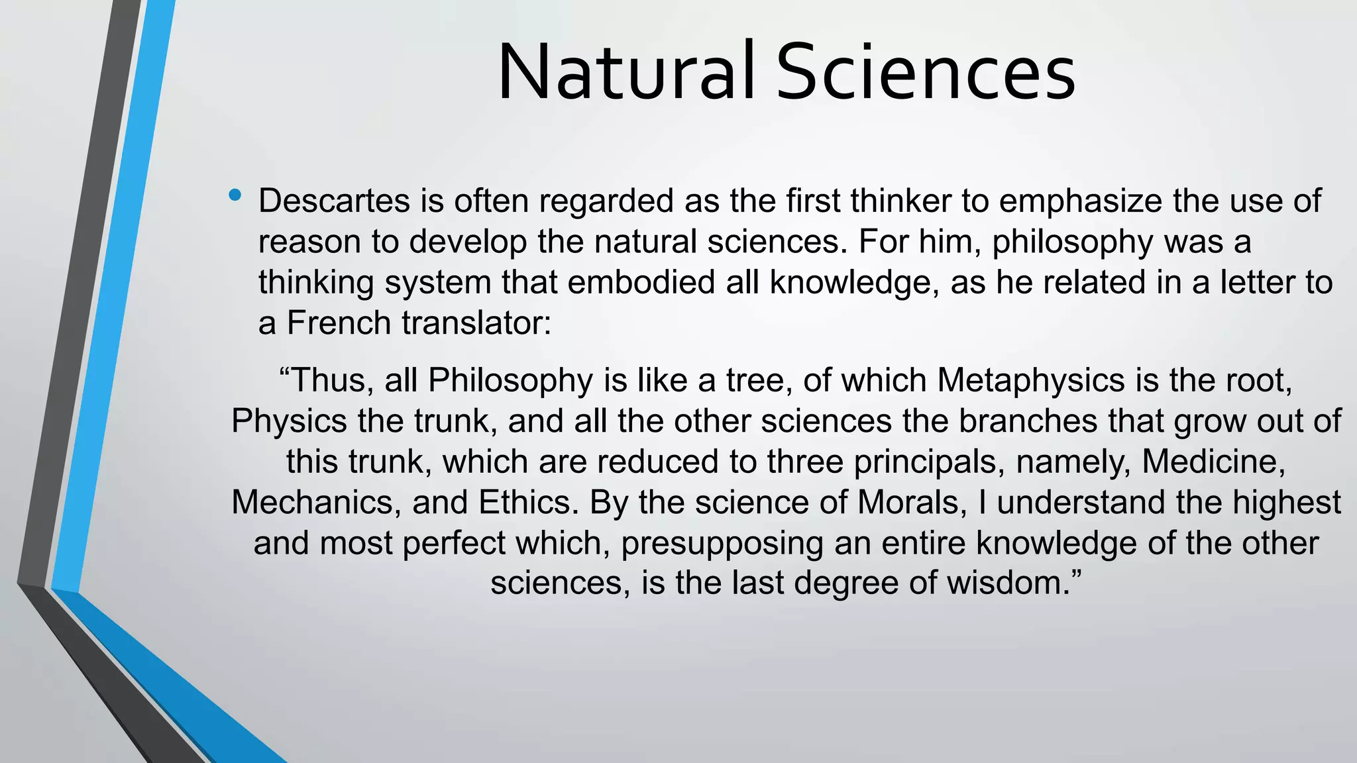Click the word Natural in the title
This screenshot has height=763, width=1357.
626,72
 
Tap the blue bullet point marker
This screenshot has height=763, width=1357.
235,195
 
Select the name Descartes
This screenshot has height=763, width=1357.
333,201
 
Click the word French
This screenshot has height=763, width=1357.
339,323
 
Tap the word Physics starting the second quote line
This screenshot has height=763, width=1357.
289,421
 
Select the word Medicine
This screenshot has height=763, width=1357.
1213,462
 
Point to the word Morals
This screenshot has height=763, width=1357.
908,502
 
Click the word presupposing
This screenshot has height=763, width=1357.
722,544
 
